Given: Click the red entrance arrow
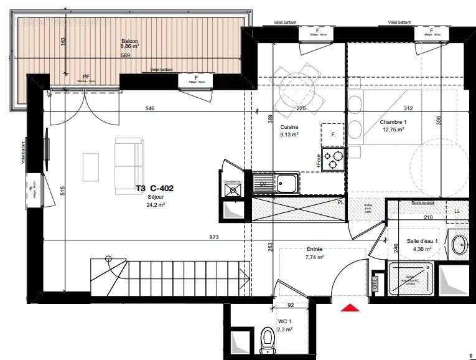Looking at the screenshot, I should click(350, 307).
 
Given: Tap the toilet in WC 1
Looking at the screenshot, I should click(268, 339).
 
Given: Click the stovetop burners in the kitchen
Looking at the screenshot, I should click(332, 159).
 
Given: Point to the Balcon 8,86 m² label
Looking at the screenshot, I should click(130, 44).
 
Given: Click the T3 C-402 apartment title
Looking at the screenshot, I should click(154, 187).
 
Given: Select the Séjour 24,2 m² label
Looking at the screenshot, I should click(156, 201).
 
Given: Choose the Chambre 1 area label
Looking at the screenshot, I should click(393, 126).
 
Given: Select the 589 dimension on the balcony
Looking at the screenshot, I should click(126, 56).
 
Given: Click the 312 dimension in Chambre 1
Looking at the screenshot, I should click(408, 109).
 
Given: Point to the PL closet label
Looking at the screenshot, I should click(340, 202).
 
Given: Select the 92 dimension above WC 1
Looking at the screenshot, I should click(290, 305).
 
